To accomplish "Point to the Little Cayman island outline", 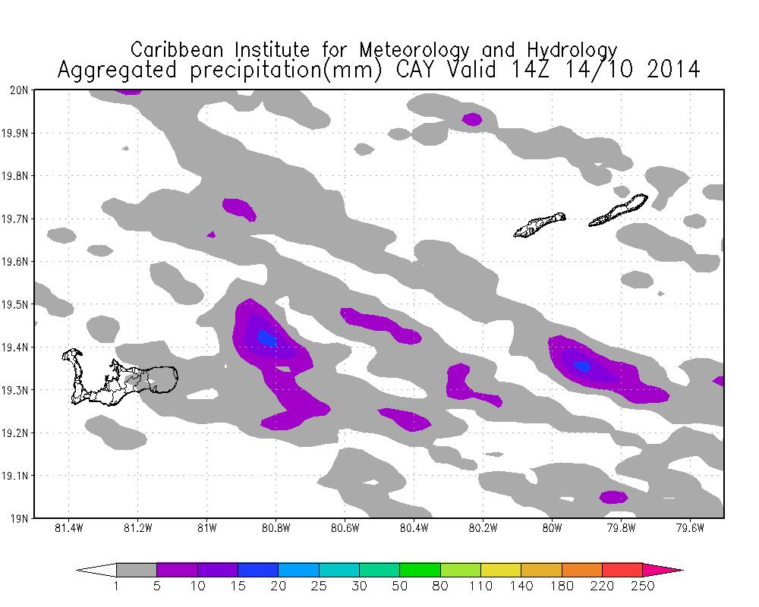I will [540, 225].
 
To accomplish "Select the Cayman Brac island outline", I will [619, 210].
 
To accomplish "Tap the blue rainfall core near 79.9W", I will [582, 366].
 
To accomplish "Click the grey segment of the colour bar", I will [137, 570].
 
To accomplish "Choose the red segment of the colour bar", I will [622, 570].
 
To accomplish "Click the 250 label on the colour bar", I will [643, 586].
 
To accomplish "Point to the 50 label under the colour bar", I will [400, 586].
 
